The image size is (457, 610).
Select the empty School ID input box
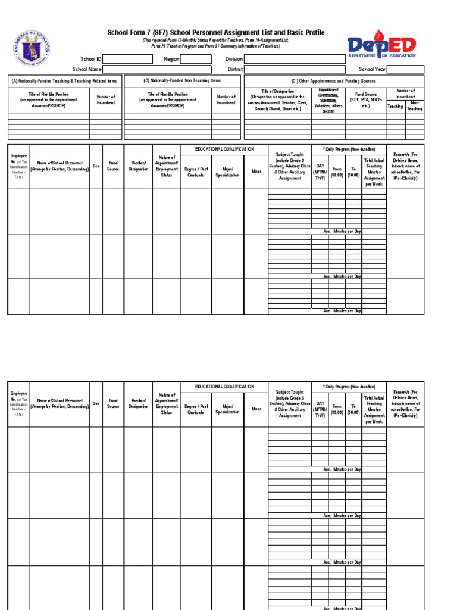click(127, 60)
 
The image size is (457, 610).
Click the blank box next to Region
click(196, 60)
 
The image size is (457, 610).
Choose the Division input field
click(294, 60)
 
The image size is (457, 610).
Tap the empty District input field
click(294, 69)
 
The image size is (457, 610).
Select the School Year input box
click(405, 69)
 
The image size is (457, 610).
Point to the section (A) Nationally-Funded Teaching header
click(64, 81)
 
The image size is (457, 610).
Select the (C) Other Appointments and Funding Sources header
click(334, 81)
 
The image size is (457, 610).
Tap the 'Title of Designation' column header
click(278, 101)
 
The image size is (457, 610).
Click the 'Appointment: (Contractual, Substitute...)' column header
click(328, 101)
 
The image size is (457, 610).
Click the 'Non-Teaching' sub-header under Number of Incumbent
click(415, 106)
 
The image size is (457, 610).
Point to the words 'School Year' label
click(373, 69)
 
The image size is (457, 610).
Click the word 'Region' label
click(171, 60)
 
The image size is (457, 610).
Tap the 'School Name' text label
click(87, 69)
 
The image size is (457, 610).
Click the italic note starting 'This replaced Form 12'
click(215, 42)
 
